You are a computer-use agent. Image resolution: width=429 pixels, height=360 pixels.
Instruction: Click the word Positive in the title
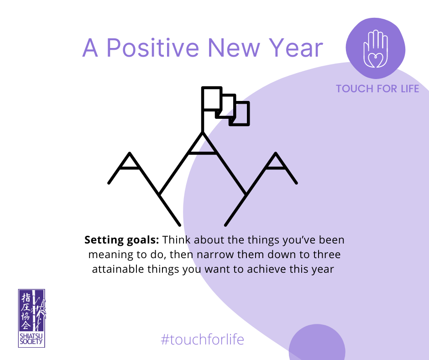click(153, 48)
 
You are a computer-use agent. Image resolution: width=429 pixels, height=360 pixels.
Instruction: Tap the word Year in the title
click(296, 48)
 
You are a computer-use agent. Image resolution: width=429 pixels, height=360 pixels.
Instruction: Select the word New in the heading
click(234, 48)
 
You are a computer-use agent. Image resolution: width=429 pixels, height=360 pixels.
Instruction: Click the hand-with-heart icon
click(376, 49)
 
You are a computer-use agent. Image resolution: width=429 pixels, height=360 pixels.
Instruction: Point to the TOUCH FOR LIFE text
click(377, 89)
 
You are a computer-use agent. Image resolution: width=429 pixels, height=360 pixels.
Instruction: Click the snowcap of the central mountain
click(203, 143)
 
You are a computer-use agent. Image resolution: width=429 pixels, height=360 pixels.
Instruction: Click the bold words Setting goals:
click(122, 240)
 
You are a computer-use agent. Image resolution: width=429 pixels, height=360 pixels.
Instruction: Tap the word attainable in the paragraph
click(118, 269)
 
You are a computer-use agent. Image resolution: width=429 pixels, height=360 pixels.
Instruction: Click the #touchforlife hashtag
click(202, 339)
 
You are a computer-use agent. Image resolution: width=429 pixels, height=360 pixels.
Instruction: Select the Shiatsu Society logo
click(32, 318)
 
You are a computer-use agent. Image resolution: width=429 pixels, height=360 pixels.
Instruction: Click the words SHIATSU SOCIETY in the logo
click(31, 339)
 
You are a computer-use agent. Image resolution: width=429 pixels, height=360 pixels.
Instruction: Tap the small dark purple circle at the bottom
click(317, 343)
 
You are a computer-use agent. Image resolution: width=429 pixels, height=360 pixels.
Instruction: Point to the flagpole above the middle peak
click(203, 110)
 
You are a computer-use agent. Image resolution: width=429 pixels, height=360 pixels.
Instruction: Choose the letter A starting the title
click(90, 48)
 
